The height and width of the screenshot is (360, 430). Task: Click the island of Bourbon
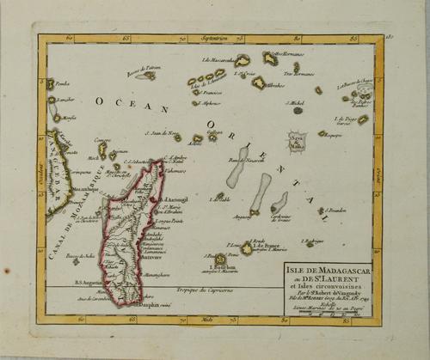coord(221,259)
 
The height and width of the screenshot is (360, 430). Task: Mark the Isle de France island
coord(247,248)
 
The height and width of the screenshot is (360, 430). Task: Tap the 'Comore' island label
coord(101,140)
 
